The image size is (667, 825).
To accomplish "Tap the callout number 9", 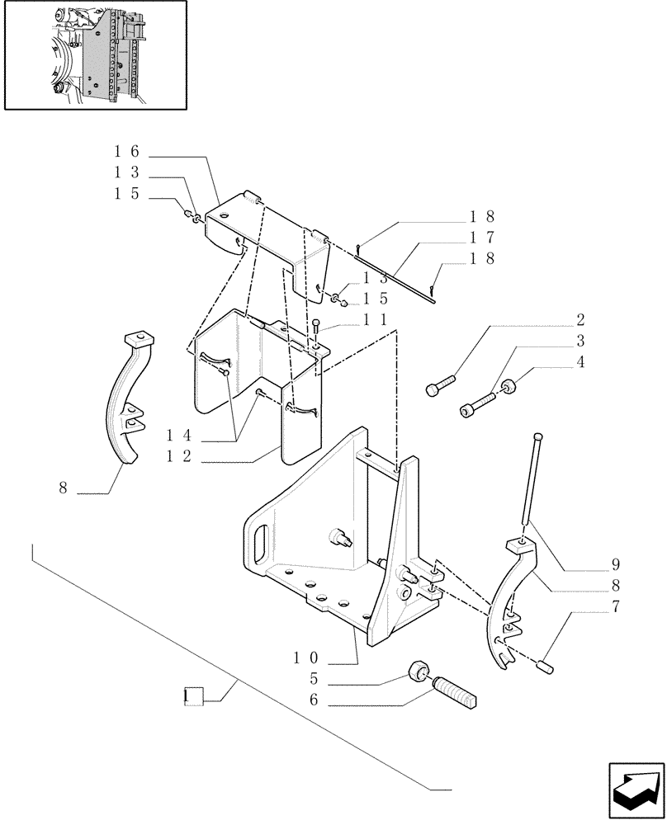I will pos(615,565).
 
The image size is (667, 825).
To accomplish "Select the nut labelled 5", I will pos(419,671).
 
